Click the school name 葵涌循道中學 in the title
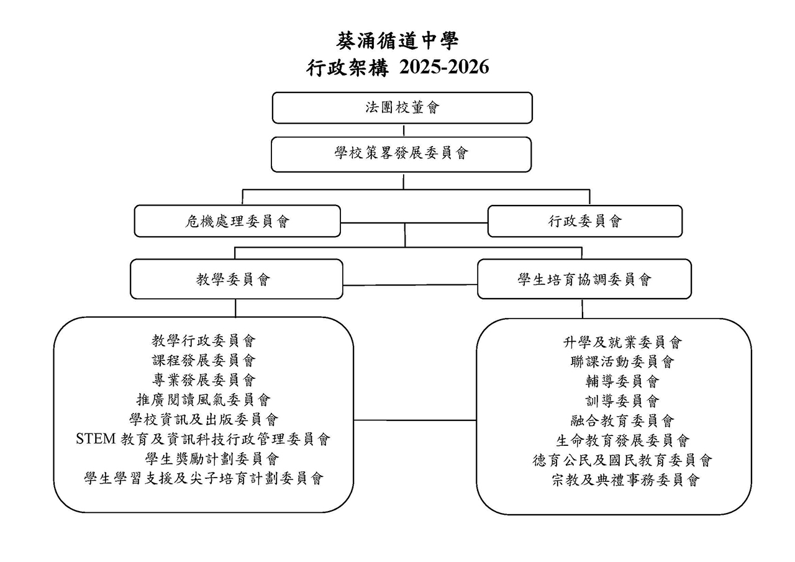(397, 41)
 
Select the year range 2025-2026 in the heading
(444, 67)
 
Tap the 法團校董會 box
(402, 108)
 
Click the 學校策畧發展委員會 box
(401, 155)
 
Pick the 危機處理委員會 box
(237, 220)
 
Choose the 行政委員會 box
(585, 221)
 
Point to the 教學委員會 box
(237, 279)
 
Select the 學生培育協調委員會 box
(584, 279)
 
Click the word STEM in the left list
(96, 439)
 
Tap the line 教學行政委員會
(203, 341)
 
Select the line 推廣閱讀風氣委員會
(203, 400)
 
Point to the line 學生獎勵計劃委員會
(212, 459)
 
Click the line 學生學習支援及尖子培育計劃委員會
(203, 479)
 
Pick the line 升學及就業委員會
(622, 342)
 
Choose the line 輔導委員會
(622, 382)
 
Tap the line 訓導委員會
(622, 401)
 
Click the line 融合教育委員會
(622, 421)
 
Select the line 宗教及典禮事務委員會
(625, 480)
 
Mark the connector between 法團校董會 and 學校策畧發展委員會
(404, 130)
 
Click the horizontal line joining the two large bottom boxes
(415, 420)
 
